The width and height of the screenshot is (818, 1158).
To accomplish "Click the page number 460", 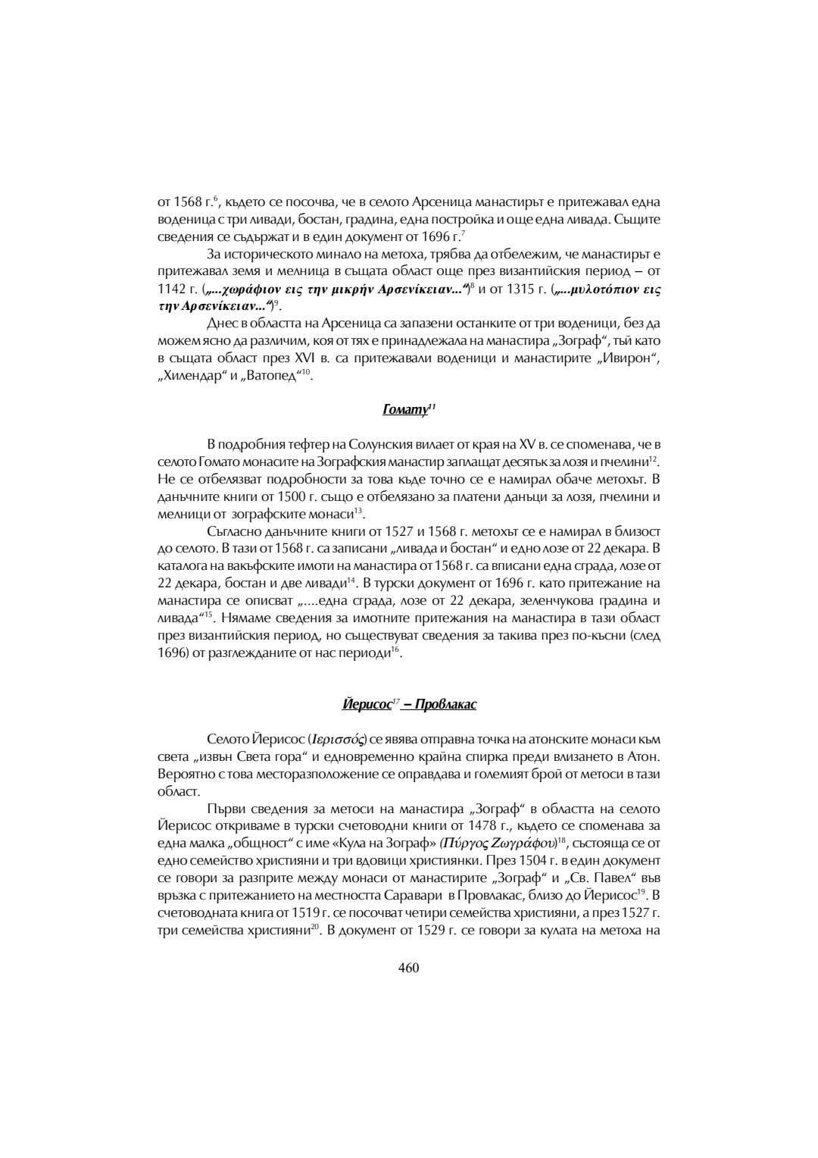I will pos(408,968).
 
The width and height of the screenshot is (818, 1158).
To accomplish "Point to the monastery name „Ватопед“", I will pos(272,376).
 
